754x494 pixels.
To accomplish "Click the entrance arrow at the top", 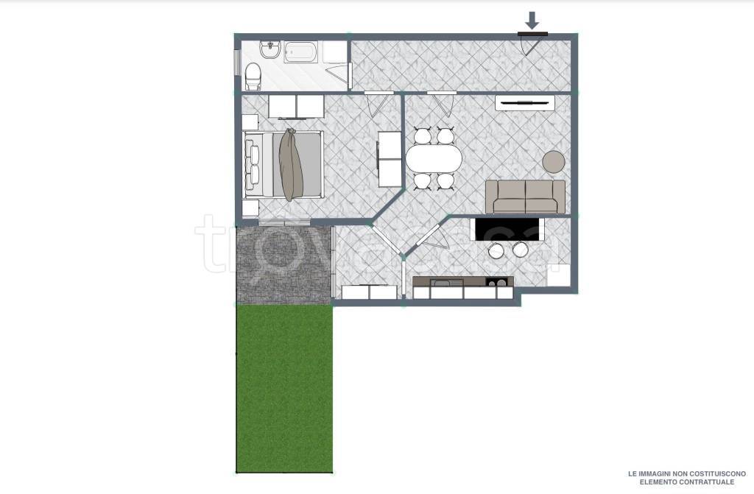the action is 532,20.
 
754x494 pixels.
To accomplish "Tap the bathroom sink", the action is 271,50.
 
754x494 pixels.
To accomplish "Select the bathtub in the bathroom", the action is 301,52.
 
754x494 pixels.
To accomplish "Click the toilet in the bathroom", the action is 253,77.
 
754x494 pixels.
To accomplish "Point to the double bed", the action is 283,164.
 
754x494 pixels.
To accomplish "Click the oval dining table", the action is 434,158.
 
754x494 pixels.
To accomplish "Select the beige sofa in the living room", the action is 525,197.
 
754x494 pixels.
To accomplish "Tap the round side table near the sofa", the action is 554,162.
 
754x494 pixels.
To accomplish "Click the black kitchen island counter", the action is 509,229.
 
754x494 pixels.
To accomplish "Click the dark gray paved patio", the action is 284,264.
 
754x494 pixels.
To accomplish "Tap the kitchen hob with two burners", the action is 496,283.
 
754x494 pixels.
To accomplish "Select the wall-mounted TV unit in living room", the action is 524,102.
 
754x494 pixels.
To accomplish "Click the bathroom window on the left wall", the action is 237,63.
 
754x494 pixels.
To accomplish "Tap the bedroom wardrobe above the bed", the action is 296,106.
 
